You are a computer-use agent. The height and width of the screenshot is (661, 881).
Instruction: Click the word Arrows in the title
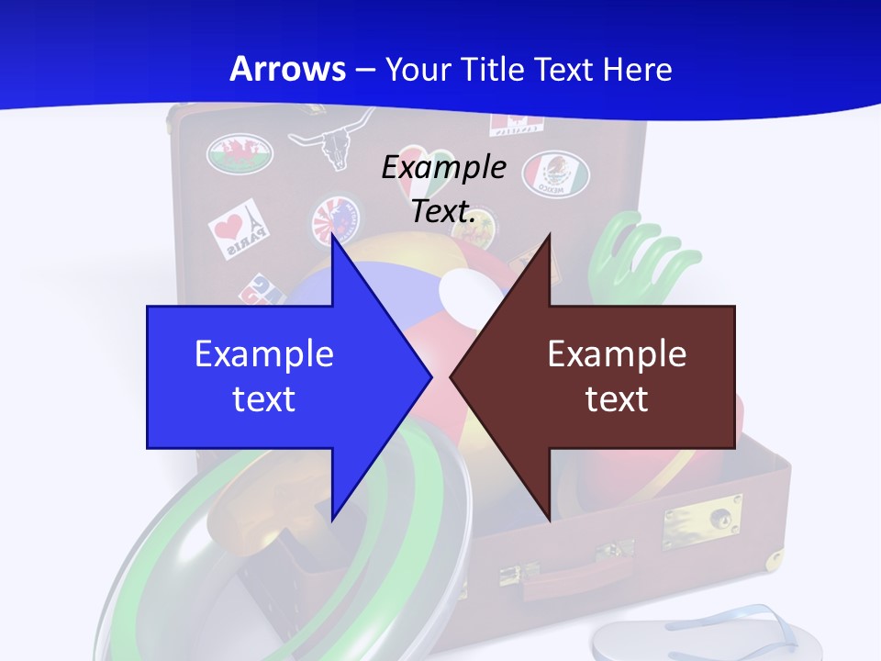click(287, 69)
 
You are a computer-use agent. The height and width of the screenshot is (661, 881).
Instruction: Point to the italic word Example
click(443, 167)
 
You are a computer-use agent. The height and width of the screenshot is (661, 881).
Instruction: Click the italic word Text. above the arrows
click(443, 211)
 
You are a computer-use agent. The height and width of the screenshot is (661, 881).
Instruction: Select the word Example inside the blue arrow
click(263, 353)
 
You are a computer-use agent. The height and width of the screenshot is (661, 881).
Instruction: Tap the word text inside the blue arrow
click(263, 398)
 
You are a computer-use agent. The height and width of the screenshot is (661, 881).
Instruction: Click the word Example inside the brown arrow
click(617, 353)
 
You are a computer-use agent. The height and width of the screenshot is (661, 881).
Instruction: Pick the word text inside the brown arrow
click(617, 398)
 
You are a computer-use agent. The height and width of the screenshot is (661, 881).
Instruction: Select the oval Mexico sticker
click(555, 173)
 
